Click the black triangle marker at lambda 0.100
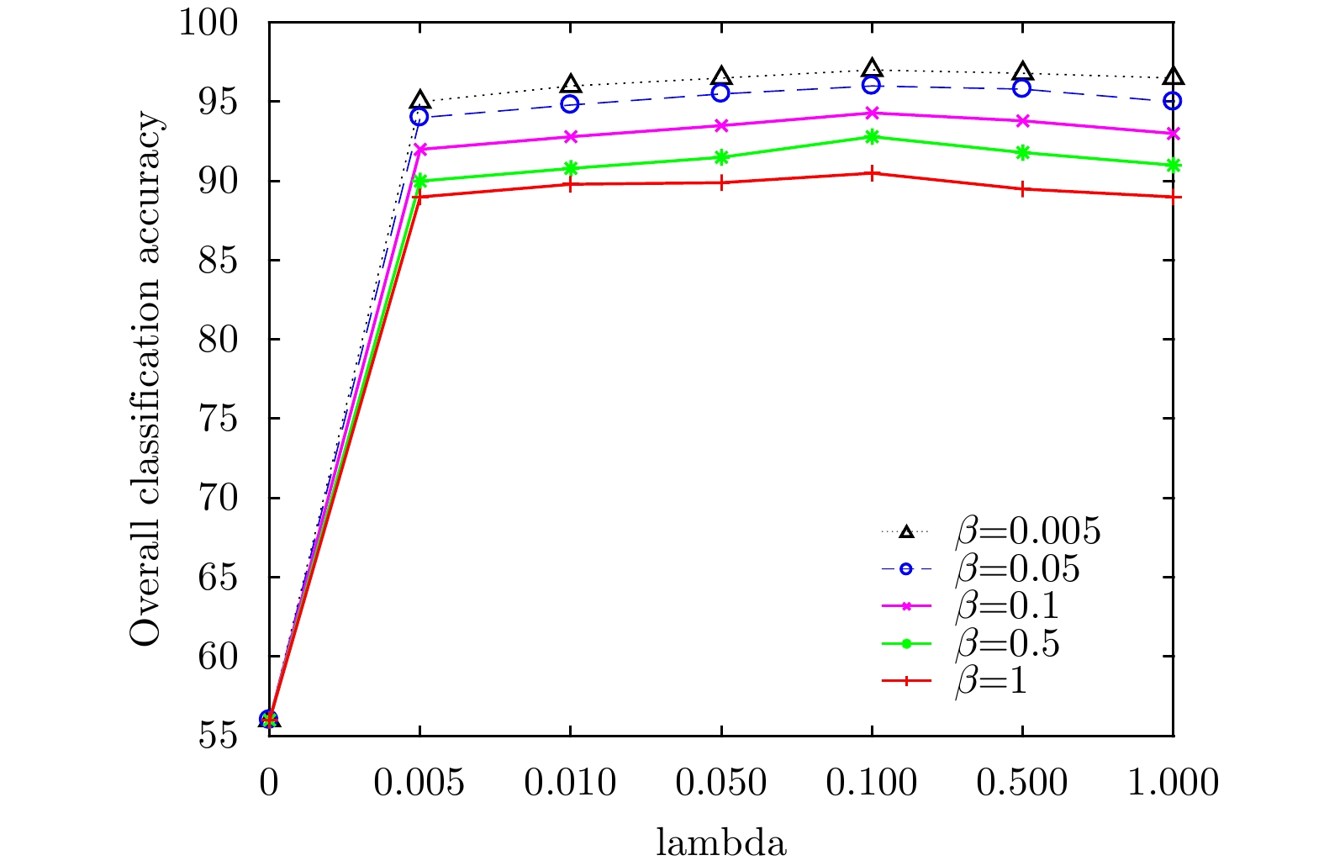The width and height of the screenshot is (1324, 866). coord(872,69)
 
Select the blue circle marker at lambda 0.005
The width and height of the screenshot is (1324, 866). coord(419,117)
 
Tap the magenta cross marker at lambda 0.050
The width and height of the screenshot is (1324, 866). coord(721,125)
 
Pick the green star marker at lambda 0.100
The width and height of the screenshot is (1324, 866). coord(872,136)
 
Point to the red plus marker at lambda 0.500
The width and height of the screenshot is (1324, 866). coord(1022,189)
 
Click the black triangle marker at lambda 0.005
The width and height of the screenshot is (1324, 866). coord(419,101)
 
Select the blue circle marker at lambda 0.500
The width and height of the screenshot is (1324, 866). coord(1022,88)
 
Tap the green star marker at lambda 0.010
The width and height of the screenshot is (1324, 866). coord(570,168)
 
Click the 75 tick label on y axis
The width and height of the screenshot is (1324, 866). coord(217,419)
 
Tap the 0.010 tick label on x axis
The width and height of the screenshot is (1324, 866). coord(570,784)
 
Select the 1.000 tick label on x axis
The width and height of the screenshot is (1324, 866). coord(1173,784)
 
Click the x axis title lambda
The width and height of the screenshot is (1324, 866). coord(721,842)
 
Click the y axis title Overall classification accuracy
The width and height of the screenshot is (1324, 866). coord(145,378)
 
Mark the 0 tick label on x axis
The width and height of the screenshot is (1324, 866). coord(269,784)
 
